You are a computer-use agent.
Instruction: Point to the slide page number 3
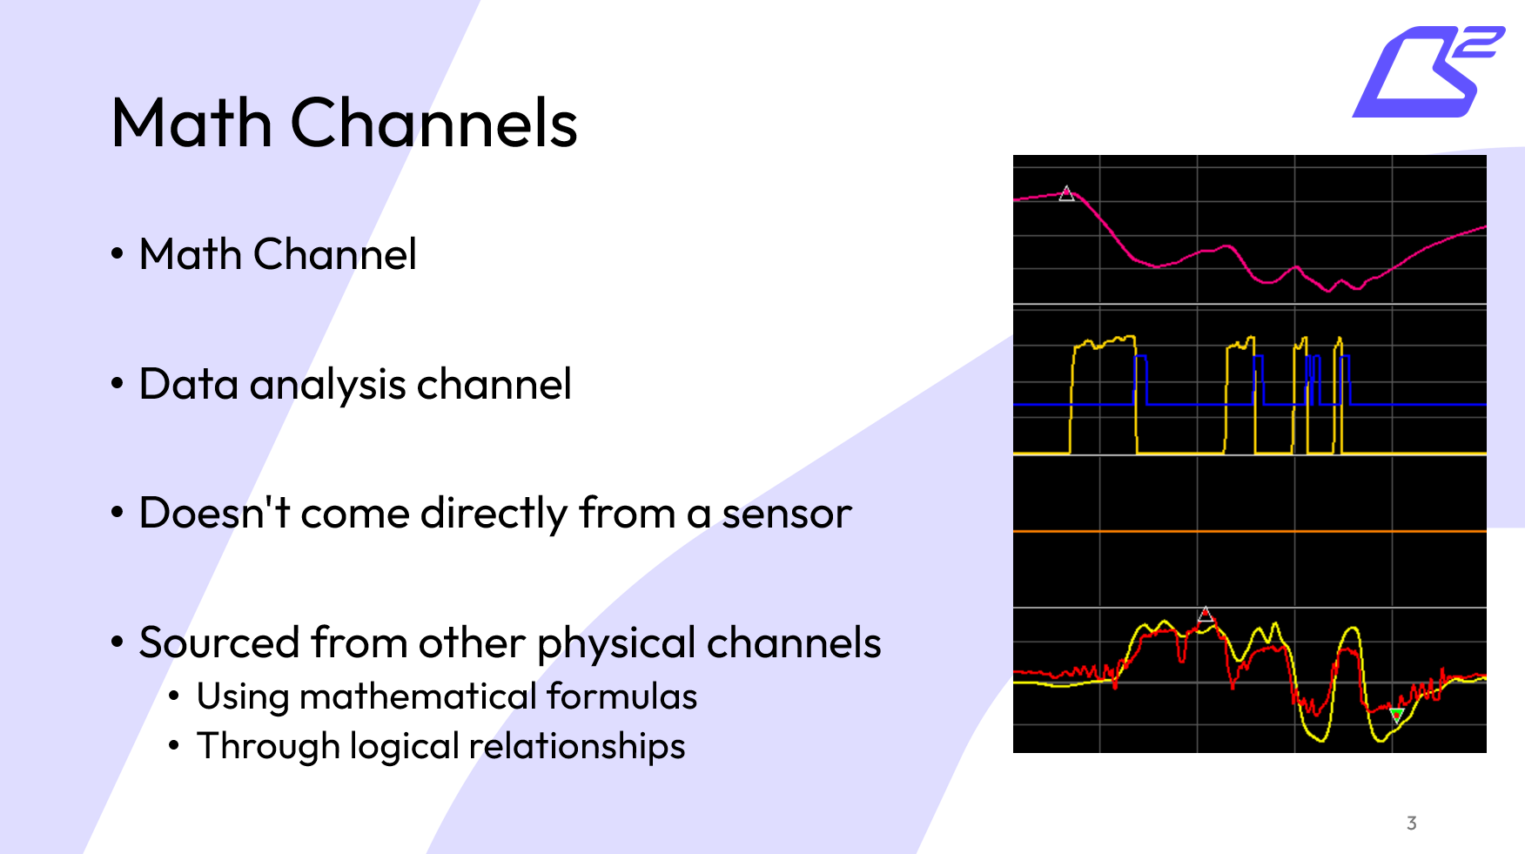click(1411, 823)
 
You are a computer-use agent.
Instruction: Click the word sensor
click(786, 513)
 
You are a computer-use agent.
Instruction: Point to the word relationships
click(576, 747)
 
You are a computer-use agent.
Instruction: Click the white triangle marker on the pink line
click(1066, 194)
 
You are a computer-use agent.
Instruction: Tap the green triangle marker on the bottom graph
click(1396, 716)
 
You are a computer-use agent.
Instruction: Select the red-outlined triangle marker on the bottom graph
click(1206, 615)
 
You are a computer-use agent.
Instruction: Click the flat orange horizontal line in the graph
click(1249, 530)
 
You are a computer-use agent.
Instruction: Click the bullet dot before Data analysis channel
click(118, 384)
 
